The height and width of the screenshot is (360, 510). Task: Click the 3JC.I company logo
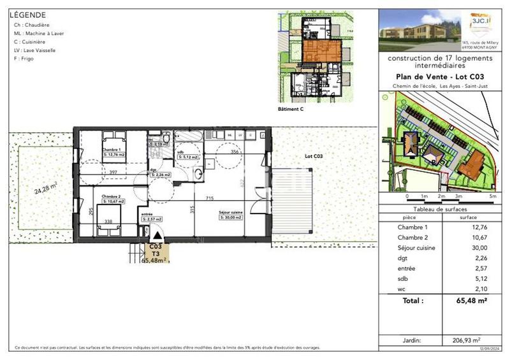tap(477, 21)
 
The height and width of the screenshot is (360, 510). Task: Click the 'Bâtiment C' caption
tap(291, 110)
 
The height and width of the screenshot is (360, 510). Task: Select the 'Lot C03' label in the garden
tap(314, 156)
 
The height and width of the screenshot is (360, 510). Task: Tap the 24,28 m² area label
tap(46, 189)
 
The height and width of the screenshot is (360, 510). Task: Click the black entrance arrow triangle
tap(157, 236)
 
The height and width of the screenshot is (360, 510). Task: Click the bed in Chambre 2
tap(107, 227)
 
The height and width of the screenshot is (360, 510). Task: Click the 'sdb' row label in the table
tap(403, 278)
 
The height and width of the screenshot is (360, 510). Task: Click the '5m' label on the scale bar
tap(492, 197)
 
